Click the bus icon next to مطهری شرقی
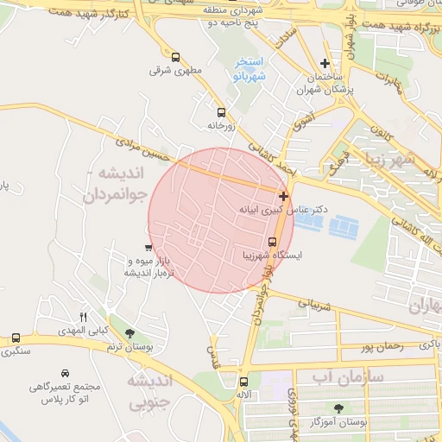(x=176, y=58)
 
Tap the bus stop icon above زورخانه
(x=221, y=112)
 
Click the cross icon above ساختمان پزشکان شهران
(x=325, y=63)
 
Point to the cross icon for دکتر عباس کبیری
(x=284, y=197)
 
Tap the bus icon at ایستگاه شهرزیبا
(x=272, y=242)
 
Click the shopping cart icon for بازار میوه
(x=148, y=249)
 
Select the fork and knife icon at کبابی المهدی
(x=84, y=317)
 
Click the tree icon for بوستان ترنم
(x=129, y=333)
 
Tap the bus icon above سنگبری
(x=16, y=338)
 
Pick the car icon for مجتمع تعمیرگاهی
(x=65, y=374)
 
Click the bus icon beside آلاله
(x=243, y=381)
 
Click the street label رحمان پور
(x=378, y=346)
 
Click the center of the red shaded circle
(x=221, y=220)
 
